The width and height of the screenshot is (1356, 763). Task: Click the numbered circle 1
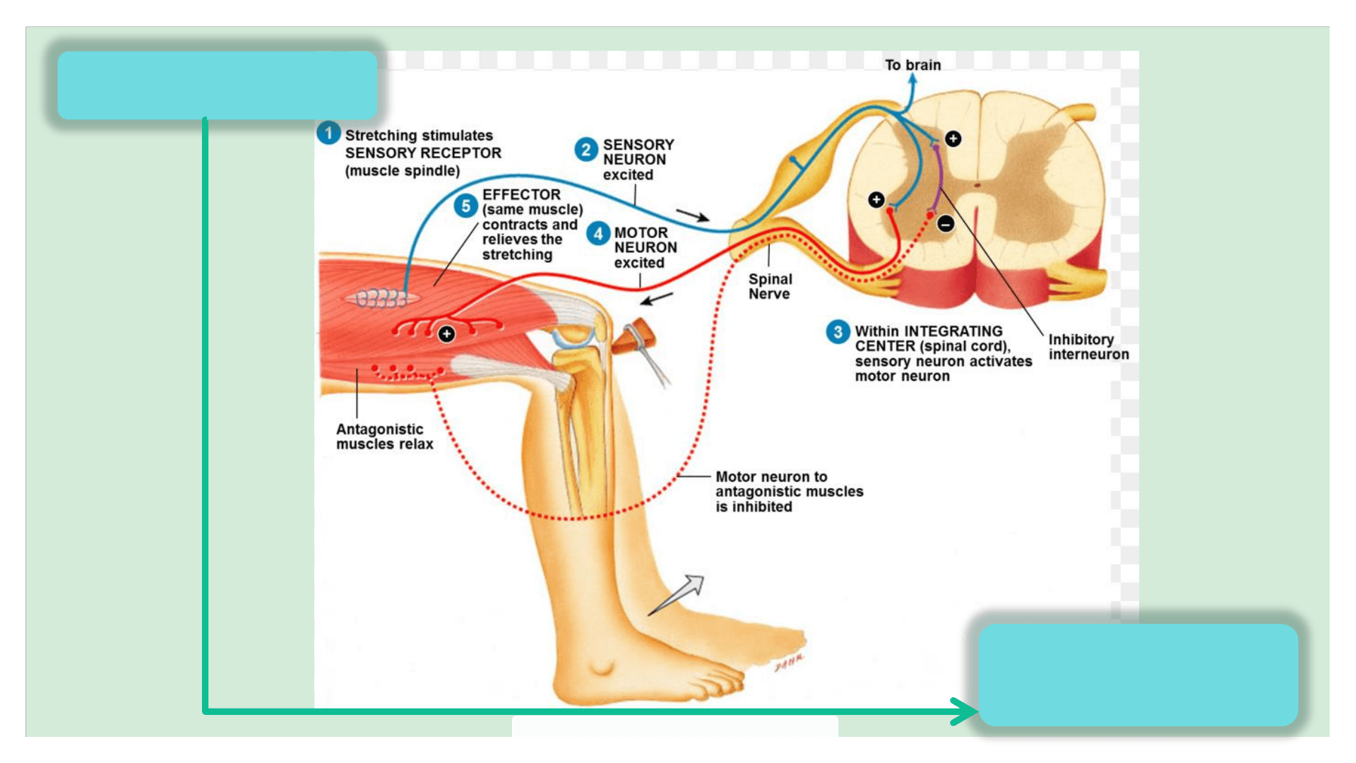point(328,133)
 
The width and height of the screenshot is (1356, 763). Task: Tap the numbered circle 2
point(585,149)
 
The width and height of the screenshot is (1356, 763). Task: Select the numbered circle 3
point(838,331)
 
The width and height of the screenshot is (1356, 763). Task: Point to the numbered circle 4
point(598,233)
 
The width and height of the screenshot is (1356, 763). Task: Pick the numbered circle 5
point(465,206)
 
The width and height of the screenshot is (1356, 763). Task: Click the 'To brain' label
point(912,65)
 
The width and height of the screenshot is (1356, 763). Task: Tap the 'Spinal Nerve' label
point(770,286)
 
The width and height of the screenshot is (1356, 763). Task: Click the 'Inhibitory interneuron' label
point(1088,347)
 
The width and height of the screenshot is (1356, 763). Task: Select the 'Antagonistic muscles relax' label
point(384,437)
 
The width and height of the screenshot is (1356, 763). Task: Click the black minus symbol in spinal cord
point(946,224)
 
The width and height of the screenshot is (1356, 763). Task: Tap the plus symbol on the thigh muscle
point(446,333)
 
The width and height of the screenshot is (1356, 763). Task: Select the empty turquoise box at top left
point(217,85)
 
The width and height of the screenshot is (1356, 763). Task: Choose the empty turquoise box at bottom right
point(1138,674)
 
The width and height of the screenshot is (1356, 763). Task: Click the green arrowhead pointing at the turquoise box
point(965,711)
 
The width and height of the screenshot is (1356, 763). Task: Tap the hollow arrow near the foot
point(679,594)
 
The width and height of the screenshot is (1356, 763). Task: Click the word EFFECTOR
point(521,194)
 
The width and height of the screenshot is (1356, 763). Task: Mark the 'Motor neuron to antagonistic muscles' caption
point(789,492)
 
